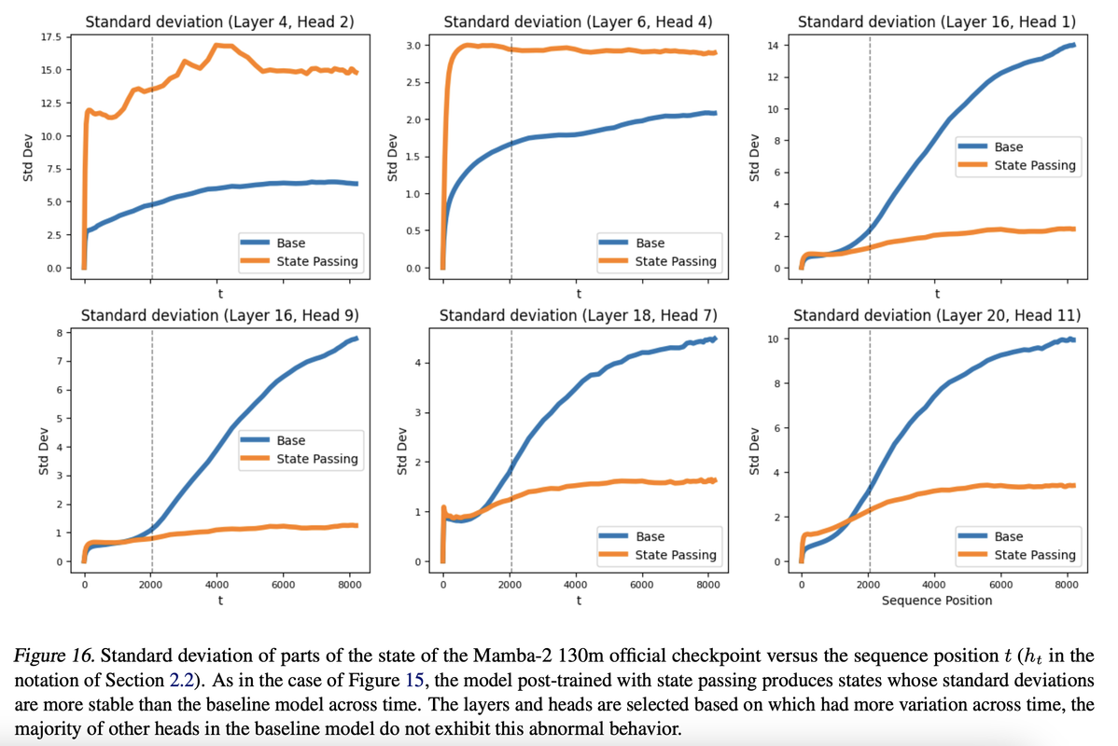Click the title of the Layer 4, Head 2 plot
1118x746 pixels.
point(219,20)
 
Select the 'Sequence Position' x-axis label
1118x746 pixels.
point(937,601)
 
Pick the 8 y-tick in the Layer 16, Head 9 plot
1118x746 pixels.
point(58,332)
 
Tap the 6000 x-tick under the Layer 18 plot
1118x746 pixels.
point(641,585)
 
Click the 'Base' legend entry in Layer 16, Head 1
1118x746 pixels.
point(1008,146)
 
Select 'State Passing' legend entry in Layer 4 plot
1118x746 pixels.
point(317,261)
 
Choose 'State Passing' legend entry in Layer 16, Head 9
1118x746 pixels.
point(317,459)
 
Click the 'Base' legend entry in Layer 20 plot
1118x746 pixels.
point(1008,536)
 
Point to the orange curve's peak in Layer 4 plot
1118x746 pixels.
point(217,45)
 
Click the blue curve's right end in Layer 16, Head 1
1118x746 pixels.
point(1074,45)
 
